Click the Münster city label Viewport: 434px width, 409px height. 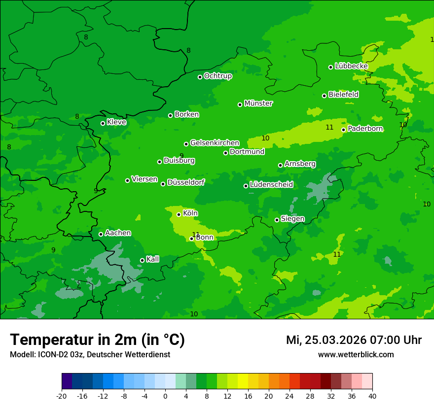click(258, 103)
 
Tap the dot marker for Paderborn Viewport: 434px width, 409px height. click(344, 130)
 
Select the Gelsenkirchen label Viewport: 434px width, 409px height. click(215, 143)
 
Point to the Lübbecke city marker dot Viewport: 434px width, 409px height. click(330, 68)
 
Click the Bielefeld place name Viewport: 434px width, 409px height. click(343, 95)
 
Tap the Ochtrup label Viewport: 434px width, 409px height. click(217, 76)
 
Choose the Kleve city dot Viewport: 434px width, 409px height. click(103, 123)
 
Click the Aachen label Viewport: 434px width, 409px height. click(118, 233)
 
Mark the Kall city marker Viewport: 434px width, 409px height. click(142, 260)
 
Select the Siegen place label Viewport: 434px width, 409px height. click(292, 219)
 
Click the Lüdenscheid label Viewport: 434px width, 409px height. click(271, 185)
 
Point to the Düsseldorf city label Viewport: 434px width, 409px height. click(185, 182)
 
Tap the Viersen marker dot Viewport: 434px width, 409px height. click(127, 180)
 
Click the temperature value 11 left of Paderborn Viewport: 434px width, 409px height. click(329, 128)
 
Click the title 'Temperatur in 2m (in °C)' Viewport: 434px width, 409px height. click(97, 340)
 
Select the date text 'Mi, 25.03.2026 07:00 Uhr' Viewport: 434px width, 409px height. click(354, 340)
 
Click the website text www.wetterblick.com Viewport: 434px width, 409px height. click(356, 354)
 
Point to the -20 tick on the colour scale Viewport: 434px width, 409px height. click(61, 396)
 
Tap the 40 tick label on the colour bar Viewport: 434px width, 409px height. click(372, 396)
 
